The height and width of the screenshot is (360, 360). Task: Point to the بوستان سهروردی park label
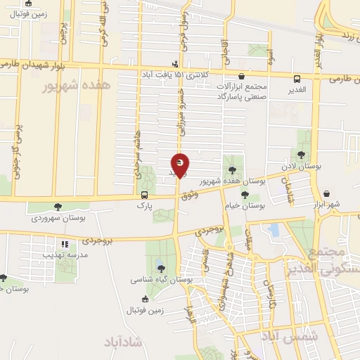click(58, 219)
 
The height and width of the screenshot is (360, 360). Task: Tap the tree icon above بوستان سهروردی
click(58, 207)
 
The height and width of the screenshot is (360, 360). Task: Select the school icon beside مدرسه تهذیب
click(64, 244)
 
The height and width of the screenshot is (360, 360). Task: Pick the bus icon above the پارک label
click(144, 195)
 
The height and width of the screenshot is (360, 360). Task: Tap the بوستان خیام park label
click(245, 207)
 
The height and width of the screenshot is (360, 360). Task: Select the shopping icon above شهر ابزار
click(327, 193)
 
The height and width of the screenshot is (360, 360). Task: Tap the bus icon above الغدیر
click(297, 79)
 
